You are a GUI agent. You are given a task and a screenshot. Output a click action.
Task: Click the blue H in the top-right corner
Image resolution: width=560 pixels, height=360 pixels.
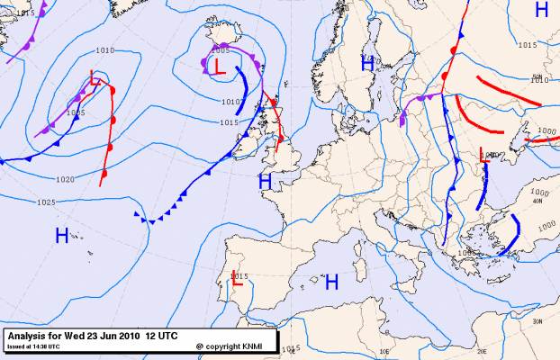(x=541, y=10)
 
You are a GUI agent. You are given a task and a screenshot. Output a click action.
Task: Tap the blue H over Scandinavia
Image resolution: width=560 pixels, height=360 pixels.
(x=367, y=63)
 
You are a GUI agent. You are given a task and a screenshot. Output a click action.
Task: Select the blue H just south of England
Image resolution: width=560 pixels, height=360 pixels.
(x=265, y=181)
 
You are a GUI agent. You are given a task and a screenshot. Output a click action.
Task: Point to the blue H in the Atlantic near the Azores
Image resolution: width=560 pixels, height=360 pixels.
(x=62, y=237)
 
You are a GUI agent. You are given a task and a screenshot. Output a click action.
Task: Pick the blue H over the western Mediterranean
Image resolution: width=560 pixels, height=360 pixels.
(x=331, y=282)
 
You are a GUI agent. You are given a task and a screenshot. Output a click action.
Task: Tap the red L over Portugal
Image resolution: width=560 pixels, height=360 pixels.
(x=237, y=279)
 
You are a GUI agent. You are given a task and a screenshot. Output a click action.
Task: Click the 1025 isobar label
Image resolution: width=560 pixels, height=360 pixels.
(x=47, y=202)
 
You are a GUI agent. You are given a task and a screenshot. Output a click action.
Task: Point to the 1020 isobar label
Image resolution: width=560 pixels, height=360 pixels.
(x=65, y=179)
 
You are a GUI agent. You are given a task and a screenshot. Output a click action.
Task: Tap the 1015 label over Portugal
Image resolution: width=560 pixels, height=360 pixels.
(x=240, y=274)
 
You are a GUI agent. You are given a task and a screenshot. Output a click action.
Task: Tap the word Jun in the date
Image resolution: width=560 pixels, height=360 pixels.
(x=104, y=335)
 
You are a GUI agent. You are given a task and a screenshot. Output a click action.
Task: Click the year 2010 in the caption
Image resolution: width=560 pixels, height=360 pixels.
(x=128, y=335)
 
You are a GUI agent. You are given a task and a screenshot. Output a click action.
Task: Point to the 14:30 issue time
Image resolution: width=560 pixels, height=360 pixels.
(x=41, y=346)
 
